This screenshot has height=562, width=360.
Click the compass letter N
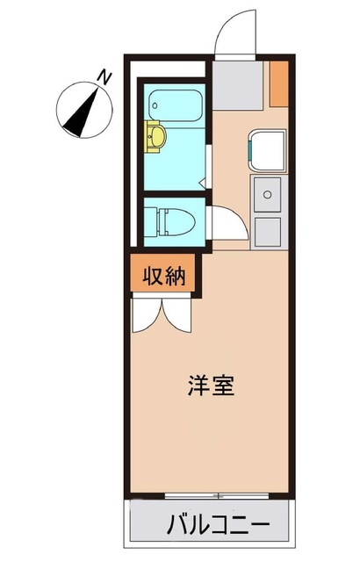[x=105, y=77]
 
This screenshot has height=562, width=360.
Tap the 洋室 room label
[x=211, y=385]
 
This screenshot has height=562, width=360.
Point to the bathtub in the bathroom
[x=176, y=105]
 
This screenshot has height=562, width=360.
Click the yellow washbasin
[x=155, y=136]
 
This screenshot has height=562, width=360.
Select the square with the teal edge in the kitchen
[x=266, y=149]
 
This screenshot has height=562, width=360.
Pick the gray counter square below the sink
[x=267, y=230]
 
